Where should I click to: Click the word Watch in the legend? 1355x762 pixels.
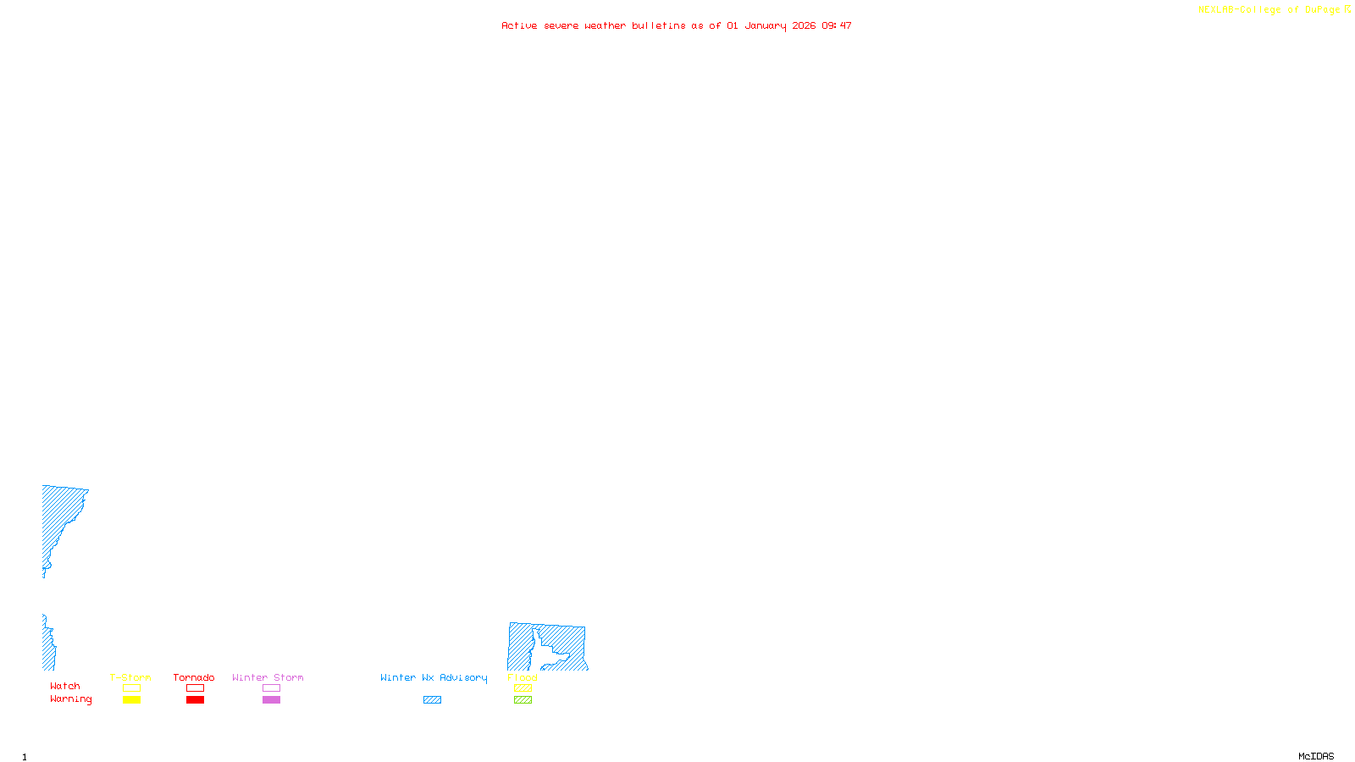(x=65, y=686)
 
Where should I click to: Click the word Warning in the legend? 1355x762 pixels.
(x=71, y=699)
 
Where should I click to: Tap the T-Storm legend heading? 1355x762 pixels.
(x=130, y=677)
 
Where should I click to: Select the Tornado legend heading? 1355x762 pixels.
(x=194, y=677)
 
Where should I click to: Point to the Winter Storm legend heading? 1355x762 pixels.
(x=268, y=677)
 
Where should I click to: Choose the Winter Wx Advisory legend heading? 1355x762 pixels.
(x=434, y=677)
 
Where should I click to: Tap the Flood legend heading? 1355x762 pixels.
(x=523, y=677)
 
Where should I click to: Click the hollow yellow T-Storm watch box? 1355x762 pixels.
(x=131, y=688)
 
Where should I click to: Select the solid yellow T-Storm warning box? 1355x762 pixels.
(x=131, y=700)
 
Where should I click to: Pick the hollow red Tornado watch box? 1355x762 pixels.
(x=195, y=688)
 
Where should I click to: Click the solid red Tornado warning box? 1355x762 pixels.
(x=195, y=700)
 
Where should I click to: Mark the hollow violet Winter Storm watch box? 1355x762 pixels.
(x=271, y=688)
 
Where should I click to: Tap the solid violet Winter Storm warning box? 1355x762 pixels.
(x=271, y=700)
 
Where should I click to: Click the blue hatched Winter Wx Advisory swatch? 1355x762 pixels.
(x=432, y=700)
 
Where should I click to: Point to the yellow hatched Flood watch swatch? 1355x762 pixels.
(x=523, y=688)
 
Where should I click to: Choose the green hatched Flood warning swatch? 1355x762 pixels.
(x=523, y=700)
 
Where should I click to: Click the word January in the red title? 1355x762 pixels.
(x=766, y=26)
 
